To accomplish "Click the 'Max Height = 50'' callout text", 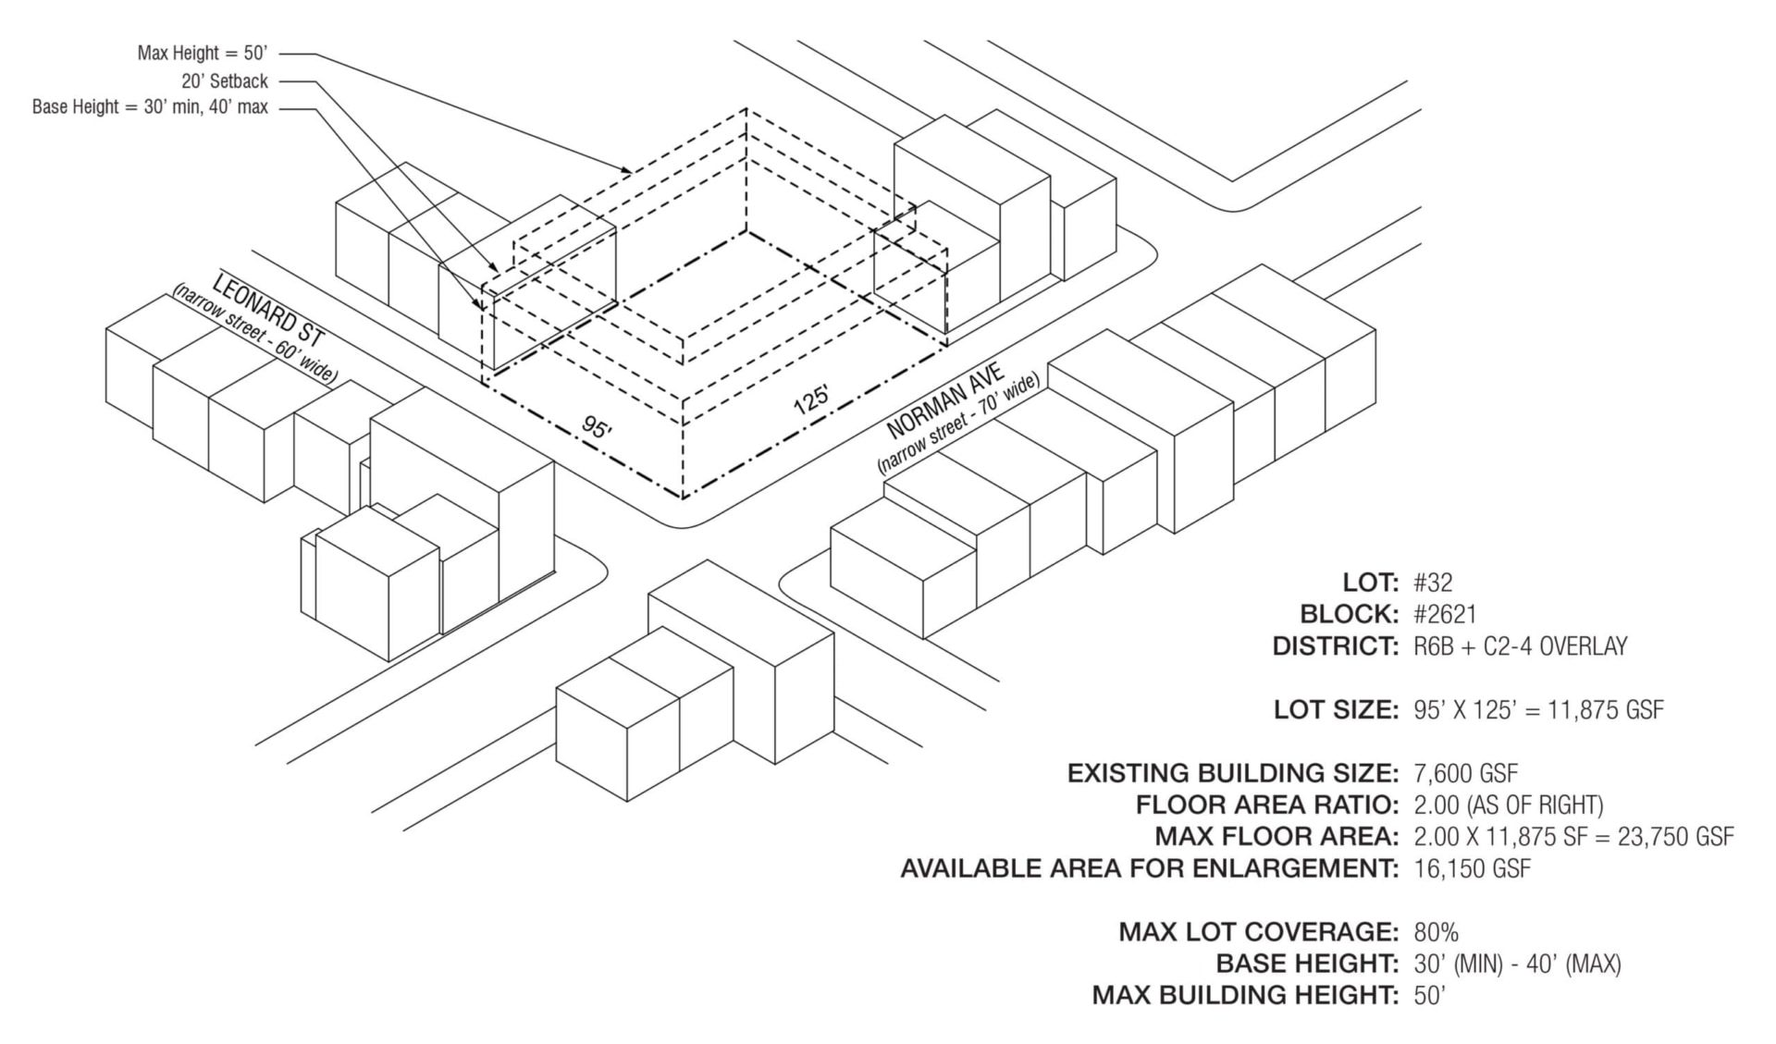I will (x=203, y=54).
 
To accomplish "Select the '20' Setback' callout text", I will (x=225, y=81).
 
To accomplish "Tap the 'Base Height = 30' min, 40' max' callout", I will (x=150, y=107).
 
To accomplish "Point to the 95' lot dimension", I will (x=597, y=428).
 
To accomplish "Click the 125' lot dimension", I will (x=811, y=399).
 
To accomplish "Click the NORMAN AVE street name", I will (x=944, y=401).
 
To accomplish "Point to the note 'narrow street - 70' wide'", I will (x=958, y=424).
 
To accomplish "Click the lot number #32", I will (x=1433, y=583).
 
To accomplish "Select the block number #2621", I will (x=1445, y=614).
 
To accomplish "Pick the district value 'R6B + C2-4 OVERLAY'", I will (x=1520, y=646).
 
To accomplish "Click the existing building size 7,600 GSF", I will (x=1465, y=773).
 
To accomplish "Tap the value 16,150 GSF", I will (x=1472, y=868).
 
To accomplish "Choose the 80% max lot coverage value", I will (x=1436, y=932).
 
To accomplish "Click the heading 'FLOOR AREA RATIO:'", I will (x=1266, y=804).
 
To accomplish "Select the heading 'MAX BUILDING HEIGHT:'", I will (x=1244, y=995).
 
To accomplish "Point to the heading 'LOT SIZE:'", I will (x=1335, y=709).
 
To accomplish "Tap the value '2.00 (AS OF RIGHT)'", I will (x=1508, y=804).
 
